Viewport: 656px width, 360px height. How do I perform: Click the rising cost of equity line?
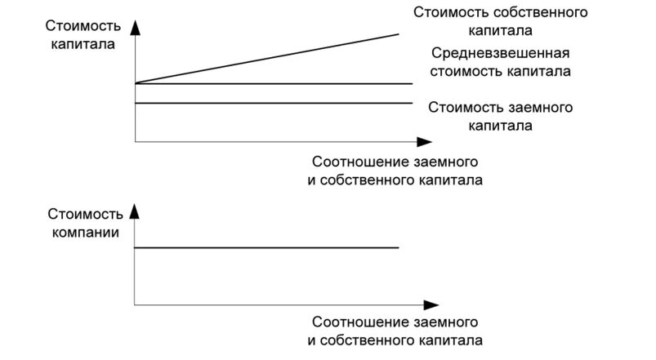270,58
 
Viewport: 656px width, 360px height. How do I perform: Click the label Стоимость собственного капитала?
501,22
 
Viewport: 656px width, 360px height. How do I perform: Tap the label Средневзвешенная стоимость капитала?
501,62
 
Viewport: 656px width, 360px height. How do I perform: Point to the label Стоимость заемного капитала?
501,117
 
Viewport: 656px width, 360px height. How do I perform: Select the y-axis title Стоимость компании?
81,223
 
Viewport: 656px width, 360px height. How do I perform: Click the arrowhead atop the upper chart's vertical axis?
135,27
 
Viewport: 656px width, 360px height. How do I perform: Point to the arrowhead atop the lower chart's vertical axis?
135,213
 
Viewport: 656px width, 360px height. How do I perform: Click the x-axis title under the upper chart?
395,171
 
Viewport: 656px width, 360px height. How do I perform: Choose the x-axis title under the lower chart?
395,331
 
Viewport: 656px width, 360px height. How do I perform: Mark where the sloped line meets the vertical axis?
135,83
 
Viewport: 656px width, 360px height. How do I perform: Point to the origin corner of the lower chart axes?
135,305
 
